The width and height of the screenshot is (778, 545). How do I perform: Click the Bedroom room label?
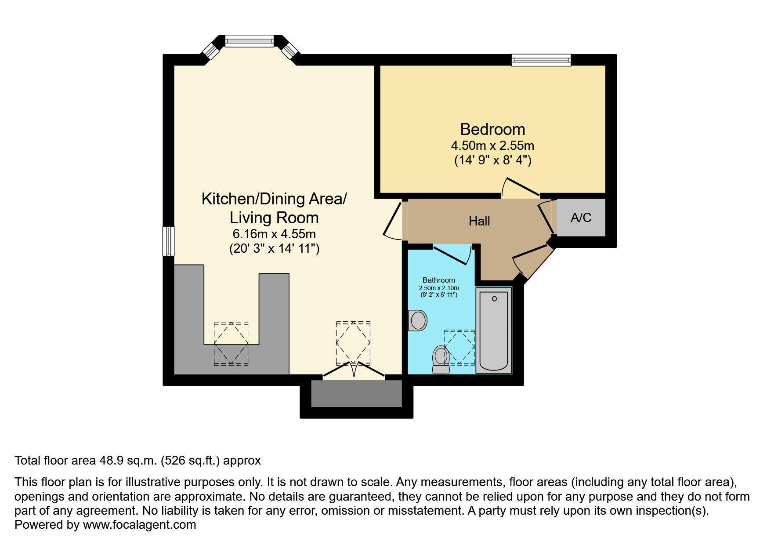pyautogui.click(x=492, y=129)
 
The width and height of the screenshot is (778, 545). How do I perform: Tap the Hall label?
pyautogui.click(x=479, y=221)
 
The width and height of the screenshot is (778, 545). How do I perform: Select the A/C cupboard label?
pyautogui.click(x=581, y=218)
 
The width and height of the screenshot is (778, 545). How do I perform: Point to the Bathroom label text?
pyautogui.click(x=438, y=280)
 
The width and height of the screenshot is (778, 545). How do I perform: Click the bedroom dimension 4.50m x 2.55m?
pyautogui.click(x=492, y=145)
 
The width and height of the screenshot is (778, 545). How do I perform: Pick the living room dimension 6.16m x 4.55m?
pyautogui.click(x=274, y=234)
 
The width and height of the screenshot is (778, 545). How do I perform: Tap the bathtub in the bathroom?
pyautogui.click(x=494, y=331)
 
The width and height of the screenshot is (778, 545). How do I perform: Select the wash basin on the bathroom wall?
pyautogui.click(x=417, y=320)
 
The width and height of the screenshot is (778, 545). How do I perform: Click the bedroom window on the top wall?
pyautogui.click(x=541, y=60)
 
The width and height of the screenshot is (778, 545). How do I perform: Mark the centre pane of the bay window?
pyautogui.click(x=250, y=41)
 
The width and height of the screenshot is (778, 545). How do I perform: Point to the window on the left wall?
pyautogui.click(x=169, y=241)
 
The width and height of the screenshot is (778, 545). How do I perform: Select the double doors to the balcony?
pyautogui.click(x=354, y=370)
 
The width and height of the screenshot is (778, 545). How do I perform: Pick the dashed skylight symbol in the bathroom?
pyautogui.click(x=460, y=347)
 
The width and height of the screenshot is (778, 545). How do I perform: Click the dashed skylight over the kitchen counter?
pyautogui.click(x=231, y=343)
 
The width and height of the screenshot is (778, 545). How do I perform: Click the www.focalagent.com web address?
pyautogui.click(x=139, y=525)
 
